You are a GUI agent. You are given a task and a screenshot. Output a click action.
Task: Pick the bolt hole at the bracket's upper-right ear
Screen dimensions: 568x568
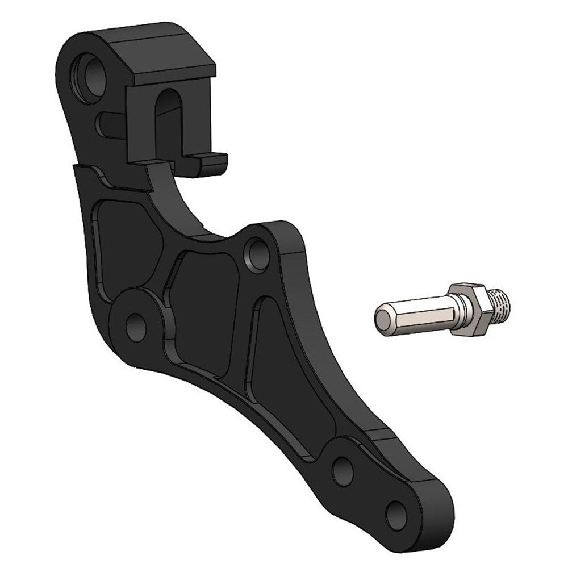257,252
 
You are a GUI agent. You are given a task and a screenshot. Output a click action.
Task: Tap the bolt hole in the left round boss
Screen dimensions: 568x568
135,326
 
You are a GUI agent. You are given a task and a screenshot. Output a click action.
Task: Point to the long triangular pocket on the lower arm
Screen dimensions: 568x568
284,375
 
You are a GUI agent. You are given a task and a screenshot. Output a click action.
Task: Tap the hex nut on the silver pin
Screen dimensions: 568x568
474,309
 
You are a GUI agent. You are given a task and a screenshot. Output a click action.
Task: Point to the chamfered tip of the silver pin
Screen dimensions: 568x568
382,320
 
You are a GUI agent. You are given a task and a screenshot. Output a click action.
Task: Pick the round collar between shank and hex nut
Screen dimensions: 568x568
458,315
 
